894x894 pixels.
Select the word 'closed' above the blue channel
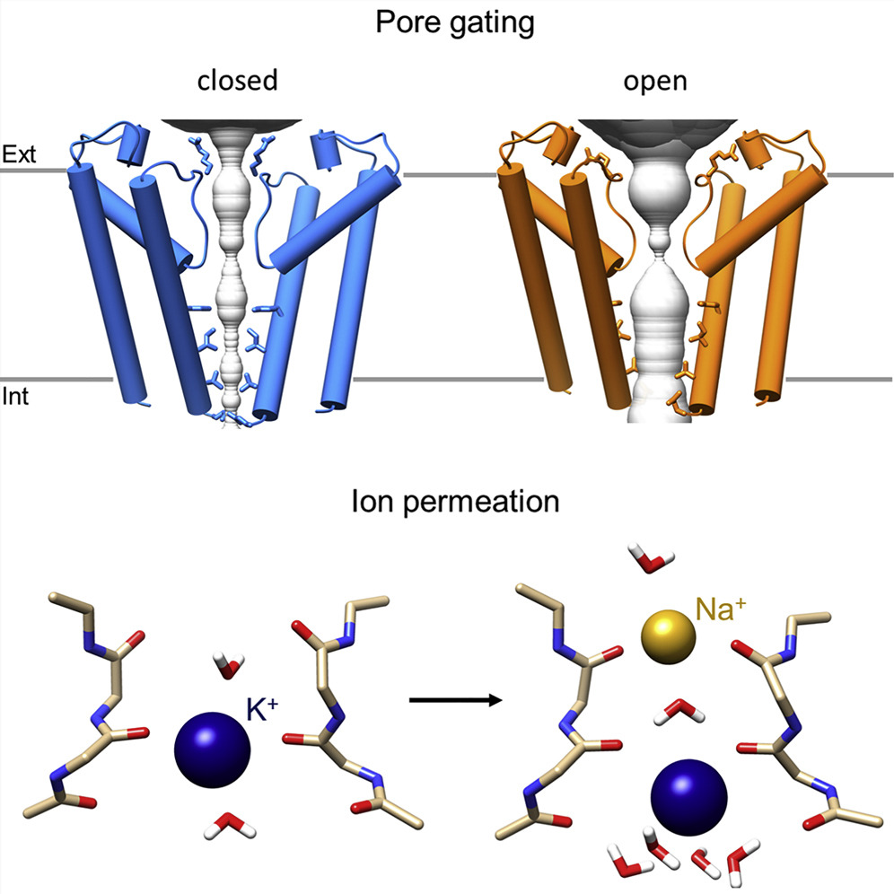(238, 80)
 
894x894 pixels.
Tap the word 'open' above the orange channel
(655, 82)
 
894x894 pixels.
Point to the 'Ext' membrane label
(19, 154)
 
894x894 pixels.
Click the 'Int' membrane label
(15, 396)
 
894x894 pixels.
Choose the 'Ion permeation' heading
(455, 503)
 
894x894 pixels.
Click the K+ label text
(262, 709)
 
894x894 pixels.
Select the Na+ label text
(721, 609)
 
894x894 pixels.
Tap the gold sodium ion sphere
(668, 637)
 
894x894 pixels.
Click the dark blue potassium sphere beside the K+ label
(212, 749)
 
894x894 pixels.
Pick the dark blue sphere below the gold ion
(688, 797)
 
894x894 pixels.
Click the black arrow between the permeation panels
(456, 699)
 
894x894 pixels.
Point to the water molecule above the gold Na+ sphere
(651, 558)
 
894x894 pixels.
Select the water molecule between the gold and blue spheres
(679, 711)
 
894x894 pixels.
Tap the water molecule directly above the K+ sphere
(229, 665)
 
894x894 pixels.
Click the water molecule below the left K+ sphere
(230, 826)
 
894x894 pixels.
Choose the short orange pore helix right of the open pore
(755, 149)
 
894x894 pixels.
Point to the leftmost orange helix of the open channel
(533, 278)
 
